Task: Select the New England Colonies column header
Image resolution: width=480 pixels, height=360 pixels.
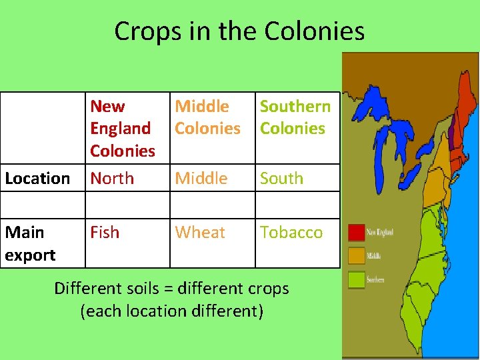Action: pyautogui.click(x=123, y=128)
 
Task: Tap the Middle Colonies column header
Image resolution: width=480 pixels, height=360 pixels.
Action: pyautogui.click(x=207, y=117)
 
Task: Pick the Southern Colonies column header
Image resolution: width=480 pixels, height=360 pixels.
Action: pyautogui.click(x=295, y=117)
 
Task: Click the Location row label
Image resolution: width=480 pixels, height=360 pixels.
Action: pyautogui.click(x=37, y=178)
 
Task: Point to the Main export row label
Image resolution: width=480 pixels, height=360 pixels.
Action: pyautogui.click(x=29, y=243)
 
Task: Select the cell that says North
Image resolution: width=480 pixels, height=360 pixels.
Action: pyautogui.click(x=112, y=178)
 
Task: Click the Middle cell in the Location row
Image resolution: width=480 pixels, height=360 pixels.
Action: pyautogui.click(x=201, y=178)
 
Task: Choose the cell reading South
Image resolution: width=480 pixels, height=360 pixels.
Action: pyautogui.click(x=281, y=178)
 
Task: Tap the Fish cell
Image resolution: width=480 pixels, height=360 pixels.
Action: pyautogui.click(x=105, y=232)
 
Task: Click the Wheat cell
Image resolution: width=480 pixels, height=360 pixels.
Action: pyautogui.click(x=200, y=232)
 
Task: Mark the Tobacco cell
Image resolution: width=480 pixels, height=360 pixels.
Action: pyautogui.click(x=291, y=232)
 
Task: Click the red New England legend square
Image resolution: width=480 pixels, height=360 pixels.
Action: pyautogui.click(x=357, y=232)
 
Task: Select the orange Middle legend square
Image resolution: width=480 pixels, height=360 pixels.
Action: pyautogui.click(x=357, y=255)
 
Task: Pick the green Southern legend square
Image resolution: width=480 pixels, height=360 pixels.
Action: pyautogui.click(x=357, y=279)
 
